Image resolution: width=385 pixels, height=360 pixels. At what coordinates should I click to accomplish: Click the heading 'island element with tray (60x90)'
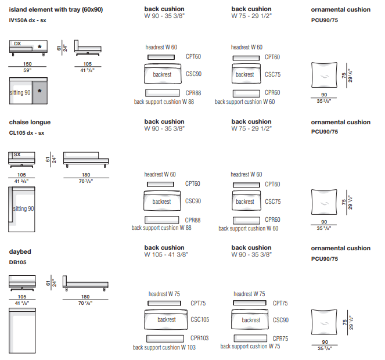pyautogui.click(x=56, y=9)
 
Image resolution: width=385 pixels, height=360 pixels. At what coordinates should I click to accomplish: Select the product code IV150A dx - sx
pyautogui.click(x=28, y=20)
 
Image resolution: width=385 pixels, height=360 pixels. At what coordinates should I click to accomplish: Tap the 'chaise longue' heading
pyautogui.click(x=30, y=122)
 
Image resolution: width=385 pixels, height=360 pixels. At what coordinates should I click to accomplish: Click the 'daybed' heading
pyautogui.click(x=20, y=252)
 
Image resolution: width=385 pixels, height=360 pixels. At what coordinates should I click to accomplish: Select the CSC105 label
pyautogui.click(x=200, y=320)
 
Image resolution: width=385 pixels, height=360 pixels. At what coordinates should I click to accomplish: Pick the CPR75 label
pyautogui.click(x=280, y=338)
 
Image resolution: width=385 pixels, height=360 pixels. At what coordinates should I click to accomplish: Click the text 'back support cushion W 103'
pyautogui.click(x=164, y=347)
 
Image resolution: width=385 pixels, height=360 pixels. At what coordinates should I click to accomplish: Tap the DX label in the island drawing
pyautogui.click(x=17, y=44)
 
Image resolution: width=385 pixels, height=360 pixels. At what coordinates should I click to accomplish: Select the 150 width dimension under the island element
pyautogui.click(x=27, y=64)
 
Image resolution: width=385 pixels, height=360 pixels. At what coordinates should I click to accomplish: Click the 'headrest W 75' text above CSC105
pyautogui.click(x=164, y=294)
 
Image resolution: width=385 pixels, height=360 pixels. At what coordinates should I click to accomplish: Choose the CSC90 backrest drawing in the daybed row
pyautogui.click(x=251, y=320)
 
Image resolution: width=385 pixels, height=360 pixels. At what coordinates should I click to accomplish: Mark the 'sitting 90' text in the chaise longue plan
pyautogui.click(x=23, y=208)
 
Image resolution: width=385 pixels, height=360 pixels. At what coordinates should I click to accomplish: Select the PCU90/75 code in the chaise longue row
pyautogui.click(x=325, y=132)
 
